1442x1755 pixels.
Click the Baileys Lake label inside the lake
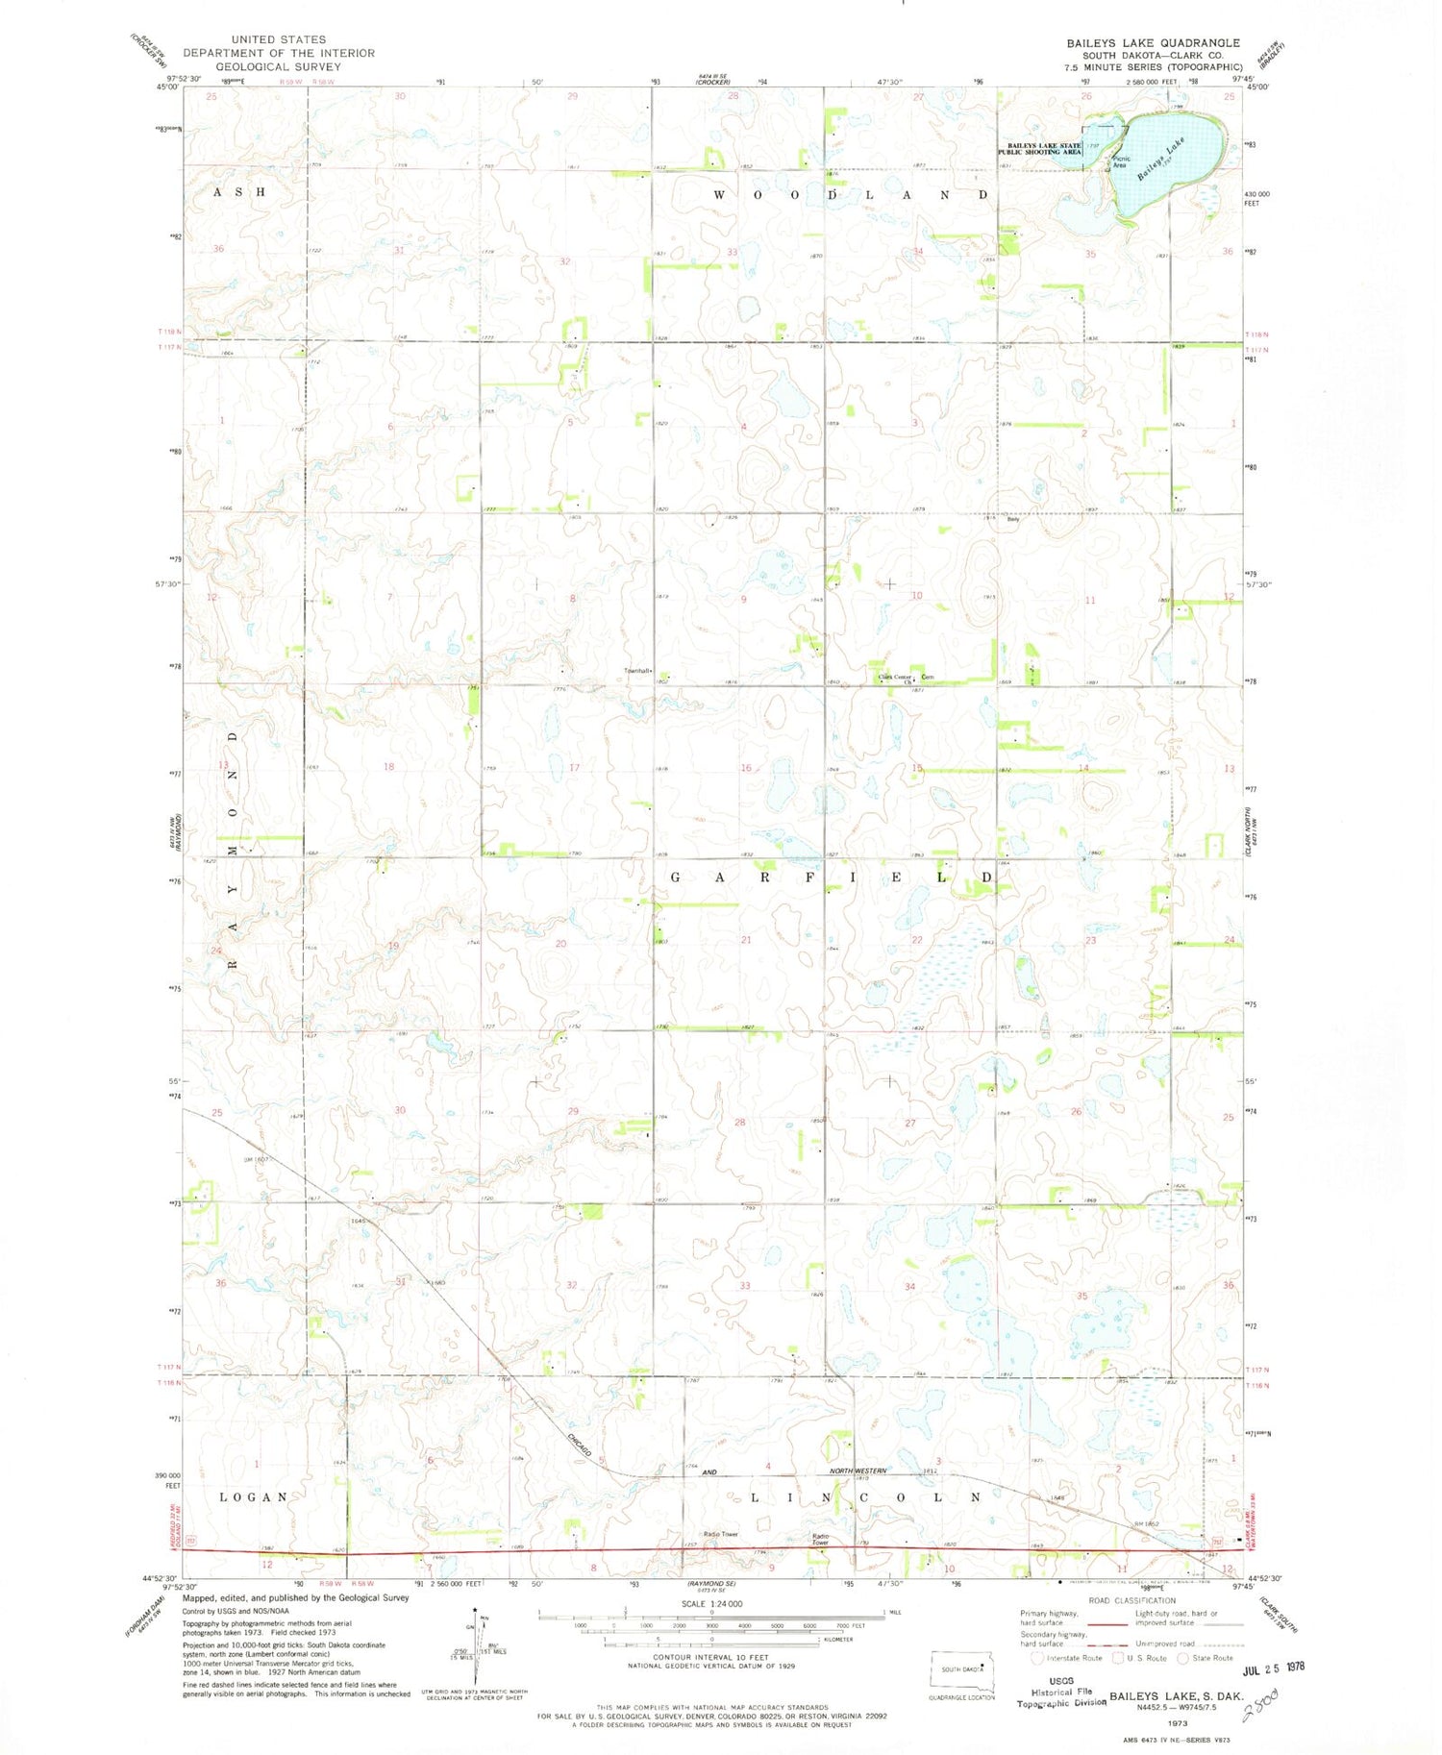tap(1161, 160)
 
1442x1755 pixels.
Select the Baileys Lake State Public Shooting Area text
tap(1039, 148)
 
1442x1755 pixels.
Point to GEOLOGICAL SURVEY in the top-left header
tap(278, 67)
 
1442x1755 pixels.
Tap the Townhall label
tap(638, 670)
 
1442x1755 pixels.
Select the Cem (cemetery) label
tap(929, 677)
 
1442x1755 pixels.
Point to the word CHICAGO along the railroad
tap(579, 1447)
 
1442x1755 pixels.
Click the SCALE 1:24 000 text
tap(711, 1604)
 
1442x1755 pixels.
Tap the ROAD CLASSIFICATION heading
tap(1132, 1601)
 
